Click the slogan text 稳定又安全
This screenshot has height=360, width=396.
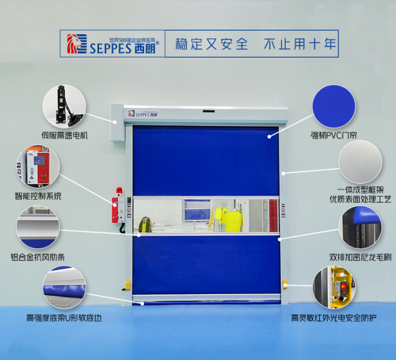[211, 44]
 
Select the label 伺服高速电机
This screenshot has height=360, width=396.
[64, 136]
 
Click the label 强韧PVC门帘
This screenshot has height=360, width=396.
[334, 136]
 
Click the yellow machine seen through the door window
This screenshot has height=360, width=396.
[223, 218]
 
